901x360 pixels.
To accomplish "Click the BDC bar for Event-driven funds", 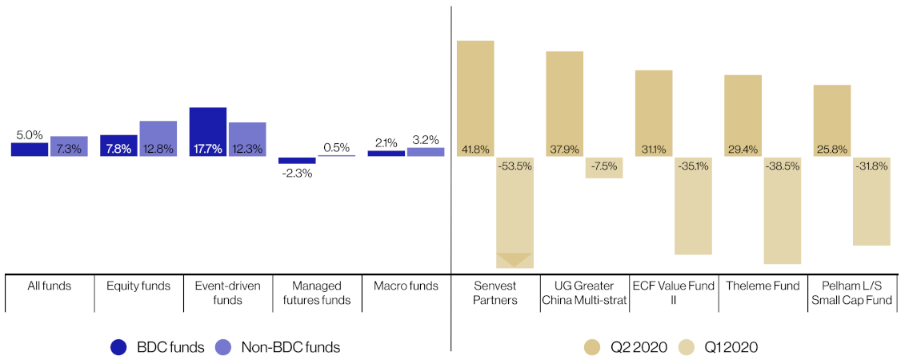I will coord(208,131).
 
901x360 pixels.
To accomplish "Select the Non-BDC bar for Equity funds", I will coord(158,138).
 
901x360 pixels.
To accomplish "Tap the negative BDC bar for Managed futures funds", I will coord(297,160).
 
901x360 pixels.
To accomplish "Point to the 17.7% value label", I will coord(208,149).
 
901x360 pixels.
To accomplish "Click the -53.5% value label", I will coord(515,166).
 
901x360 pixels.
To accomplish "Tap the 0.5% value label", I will coord(336,147).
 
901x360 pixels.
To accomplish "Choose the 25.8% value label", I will coord(832,149).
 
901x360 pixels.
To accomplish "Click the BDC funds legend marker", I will coord(119,347).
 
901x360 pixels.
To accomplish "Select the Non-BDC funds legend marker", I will coord(226,347).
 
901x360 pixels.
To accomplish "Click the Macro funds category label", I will coord(406,286).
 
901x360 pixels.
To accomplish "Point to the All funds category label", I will coord(50,286).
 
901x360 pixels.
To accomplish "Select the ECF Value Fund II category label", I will coord(675,293).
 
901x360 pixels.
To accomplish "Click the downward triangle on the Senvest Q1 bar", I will coord(514,259).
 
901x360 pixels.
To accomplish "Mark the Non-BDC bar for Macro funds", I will coord(426,151).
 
